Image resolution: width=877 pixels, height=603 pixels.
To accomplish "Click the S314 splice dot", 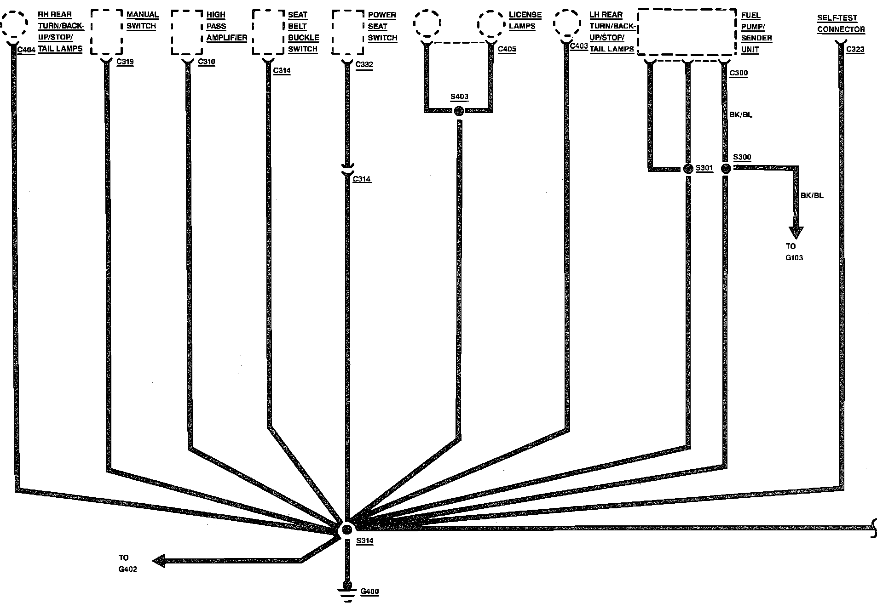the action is pyautogui.click(x=347, y=529).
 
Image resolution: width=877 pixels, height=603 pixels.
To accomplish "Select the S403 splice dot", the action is pyautogui.click(x=458, y=111).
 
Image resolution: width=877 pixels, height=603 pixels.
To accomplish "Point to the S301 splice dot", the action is pyautogui.click(x=688, y=169).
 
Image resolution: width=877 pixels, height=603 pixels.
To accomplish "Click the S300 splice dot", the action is pyautogui.click(x=726, y=169).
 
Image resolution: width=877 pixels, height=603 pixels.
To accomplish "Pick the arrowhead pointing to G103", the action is pyautogui.click(x=796, y=232).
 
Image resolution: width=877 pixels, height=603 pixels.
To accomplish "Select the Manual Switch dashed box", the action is pyautogui.click(x=107, y=32).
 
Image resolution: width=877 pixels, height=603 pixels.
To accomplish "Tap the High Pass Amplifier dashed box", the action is pyautogui.click(x=187, y=32).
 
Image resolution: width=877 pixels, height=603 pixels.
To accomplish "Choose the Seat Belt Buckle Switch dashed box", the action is pyautogui.click(x=268, y=32).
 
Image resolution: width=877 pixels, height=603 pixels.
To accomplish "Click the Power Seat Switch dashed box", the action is pyautogui.click(x=348, y=32).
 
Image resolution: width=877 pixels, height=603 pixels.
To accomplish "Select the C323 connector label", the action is pyautogui.click(x=855, y=50).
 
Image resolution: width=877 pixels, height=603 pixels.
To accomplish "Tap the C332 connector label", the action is pyautogui.click(x=364, y=64).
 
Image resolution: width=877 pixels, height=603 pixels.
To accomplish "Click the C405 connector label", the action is pyautogui.click(x=507, y=49).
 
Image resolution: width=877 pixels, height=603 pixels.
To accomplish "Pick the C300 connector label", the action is pyautogui.click(x=739, y=73).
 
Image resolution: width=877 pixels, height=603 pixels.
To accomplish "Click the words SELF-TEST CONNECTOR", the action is pyautogui.click(x=841, y=24).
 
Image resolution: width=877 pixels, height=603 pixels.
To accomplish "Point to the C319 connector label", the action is pyautogui.click(x=125, y=62).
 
